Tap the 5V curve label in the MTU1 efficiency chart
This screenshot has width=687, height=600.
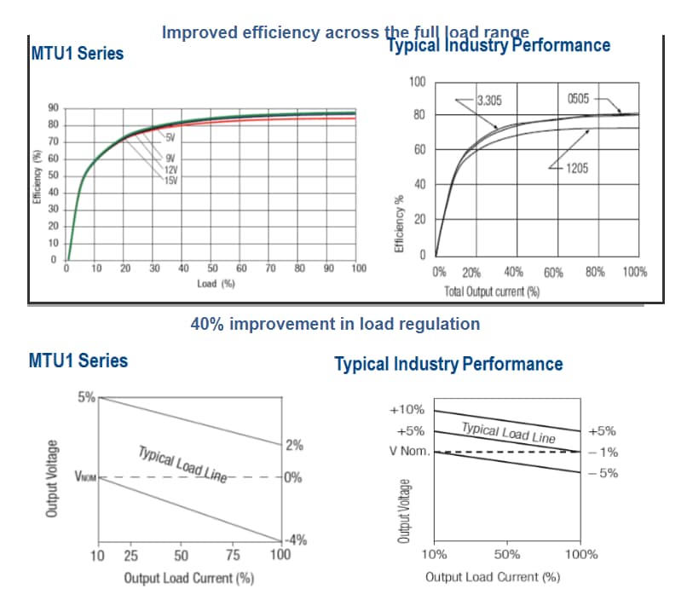tap(170, 137)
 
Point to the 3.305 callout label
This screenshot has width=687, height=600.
tap(489, 101)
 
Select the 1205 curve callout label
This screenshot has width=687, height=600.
tap(576, 168)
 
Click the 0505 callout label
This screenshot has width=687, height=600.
tap(577, 100)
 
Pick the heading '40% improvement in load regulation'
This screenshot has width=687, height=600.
tap(335, 324)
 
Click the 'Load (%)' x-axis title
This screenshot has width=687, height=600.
tap(216, 283)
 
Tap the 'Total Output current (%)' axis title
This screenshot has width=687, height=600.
tap(493, 291)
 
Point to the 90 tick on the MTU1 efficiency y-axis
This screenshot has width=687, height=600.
tap(53, 108)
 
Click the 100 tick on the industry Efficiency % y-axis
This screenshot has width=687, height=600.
tap(417, 82)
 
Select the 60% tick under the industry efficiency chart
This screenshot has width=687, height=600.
tap(553, 273)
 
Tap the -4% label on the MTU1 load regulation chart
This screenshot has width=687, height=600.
tap(295, 539)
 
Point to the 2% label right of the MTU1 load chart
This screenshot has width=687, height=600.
tap(294, 445)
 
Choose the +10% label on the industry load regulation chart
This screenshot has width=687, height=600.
tap(407, 409)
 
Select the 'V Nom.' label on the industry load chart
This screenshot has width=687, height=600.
tap(409, 450)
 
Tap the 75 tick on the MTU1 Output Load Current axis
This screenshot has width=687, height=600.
tap(232, 557)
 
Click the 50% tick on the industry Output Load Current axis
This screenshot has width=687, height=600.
tap(507, 554)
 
